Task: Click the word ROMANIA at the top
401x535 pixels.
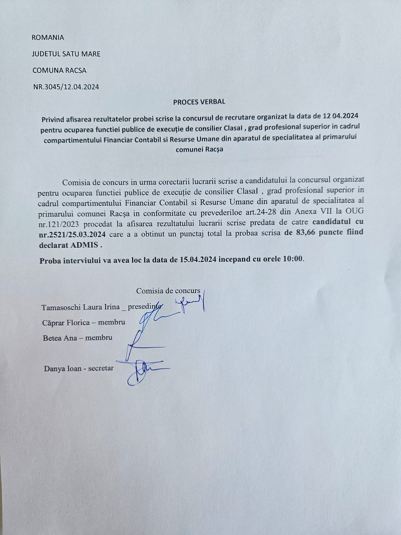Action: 48,37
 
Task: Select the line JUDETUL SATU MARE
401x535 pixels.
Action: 66,54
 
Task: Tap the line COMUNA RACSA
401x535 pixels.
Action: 59,71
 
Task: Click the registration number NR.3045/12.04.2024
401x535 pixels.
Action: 66,87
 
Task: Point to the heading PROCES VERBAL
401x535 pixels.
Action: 199,102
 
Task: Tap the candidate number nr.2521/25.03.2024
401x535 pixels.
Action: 72,234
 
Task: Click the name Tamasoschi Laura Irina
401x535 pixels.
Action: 81,307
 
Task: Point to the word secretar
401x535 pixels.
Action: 101,368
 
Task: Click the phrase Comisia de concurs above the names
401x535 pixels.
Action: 168,291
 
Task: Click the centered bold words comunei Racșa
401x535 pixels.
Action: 199,149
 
